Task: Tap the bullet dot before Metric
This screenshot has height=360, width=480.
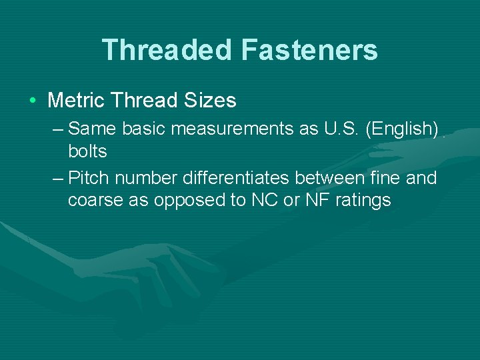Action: click(32, 101)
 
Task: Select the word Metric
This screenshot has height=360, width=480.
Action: click(77, 101)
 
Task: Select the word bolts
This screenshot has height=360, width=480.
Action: click(87, 151)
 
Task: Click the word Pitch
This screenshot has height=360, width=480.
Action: click(89, 178)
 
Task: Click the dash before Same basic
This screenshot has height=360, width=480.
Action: click(57, 128)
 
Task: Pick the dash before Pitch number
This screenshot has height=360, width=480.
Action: click(57, 178)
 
